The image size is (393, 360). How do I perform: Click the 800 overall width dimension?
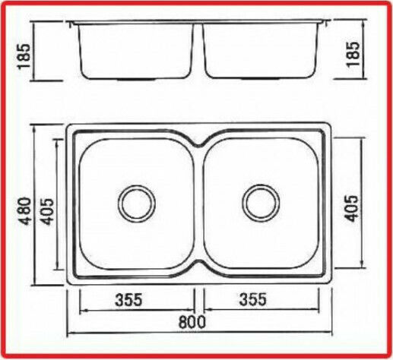[x=192, y=322]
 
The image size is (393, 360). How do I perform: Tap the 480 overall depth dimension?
[x=26, y=211]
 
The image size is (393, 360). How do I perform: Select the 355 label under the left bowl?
[x=128, y=299]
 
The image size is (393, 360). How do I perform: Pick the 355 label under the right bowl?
[x=253, y=299]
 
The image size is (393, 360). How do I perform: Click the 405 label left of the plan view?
[x=47, y=211]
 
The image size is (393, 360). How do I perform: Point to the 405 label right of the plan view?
[x=353, y=208]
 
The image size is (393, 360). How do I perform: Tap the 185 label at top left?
[x=24, y=56]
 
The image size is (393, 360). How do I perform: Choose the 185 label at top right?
[x=353, y=54]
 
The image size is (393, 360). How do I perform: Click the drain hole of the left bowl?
[x=137, y=204]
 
